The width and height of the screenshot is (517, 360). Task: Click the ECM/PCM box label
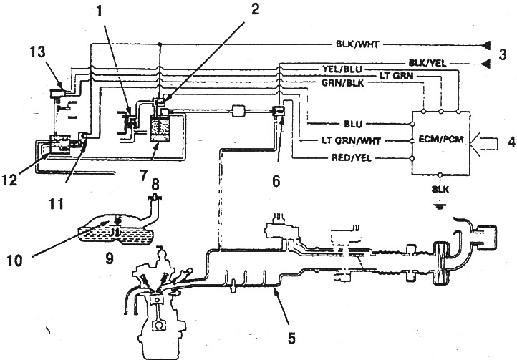(x=441, y=140)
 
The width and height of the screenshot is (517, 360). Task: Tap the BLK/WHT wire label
(x=357, y=44)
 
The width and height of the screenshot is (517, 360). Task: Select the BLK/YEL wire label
(x=427, y=63)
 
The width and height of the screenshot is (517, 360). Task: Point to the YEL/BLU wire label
(x=342, y=69)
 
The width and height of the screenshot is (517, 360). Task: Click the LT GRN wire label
(x=396, y=76)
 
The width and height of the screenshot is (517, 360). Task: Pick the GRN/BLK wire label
(x=342, y=83)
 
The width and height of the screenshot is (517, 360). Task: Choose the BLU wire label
(x=353, y=124)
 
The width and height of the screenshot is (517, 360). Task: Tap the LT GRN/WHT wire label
(x=352, y=141)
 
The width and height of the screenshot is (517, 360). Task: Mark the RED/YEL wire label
(x=351, y=158)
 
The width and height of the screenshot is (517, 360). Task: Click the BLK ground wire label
(x=440, y=190)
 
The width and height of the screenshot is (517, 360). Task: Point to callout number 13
(x=38, y=53)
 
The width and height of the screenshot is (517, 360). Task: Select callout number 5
(x=291, y=339)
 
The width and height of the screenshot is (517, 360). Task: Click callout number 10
(x=14, y=261)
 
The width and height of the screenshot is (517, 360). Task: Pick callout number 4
(x=511, y=142)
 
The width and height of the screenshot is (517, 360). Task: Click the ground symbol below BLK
(x=439, y=207)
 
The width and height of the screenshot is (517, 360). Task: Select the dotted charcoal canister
(x=160, y=130)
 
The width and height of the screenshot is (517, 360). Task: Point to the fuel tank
(x=115, y=230)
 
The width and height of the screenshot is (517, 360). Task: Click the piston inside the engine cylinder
(x=157, y=301)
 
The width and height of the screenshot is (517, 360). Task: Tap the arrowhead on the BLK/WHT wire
(x=486, y=44)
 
